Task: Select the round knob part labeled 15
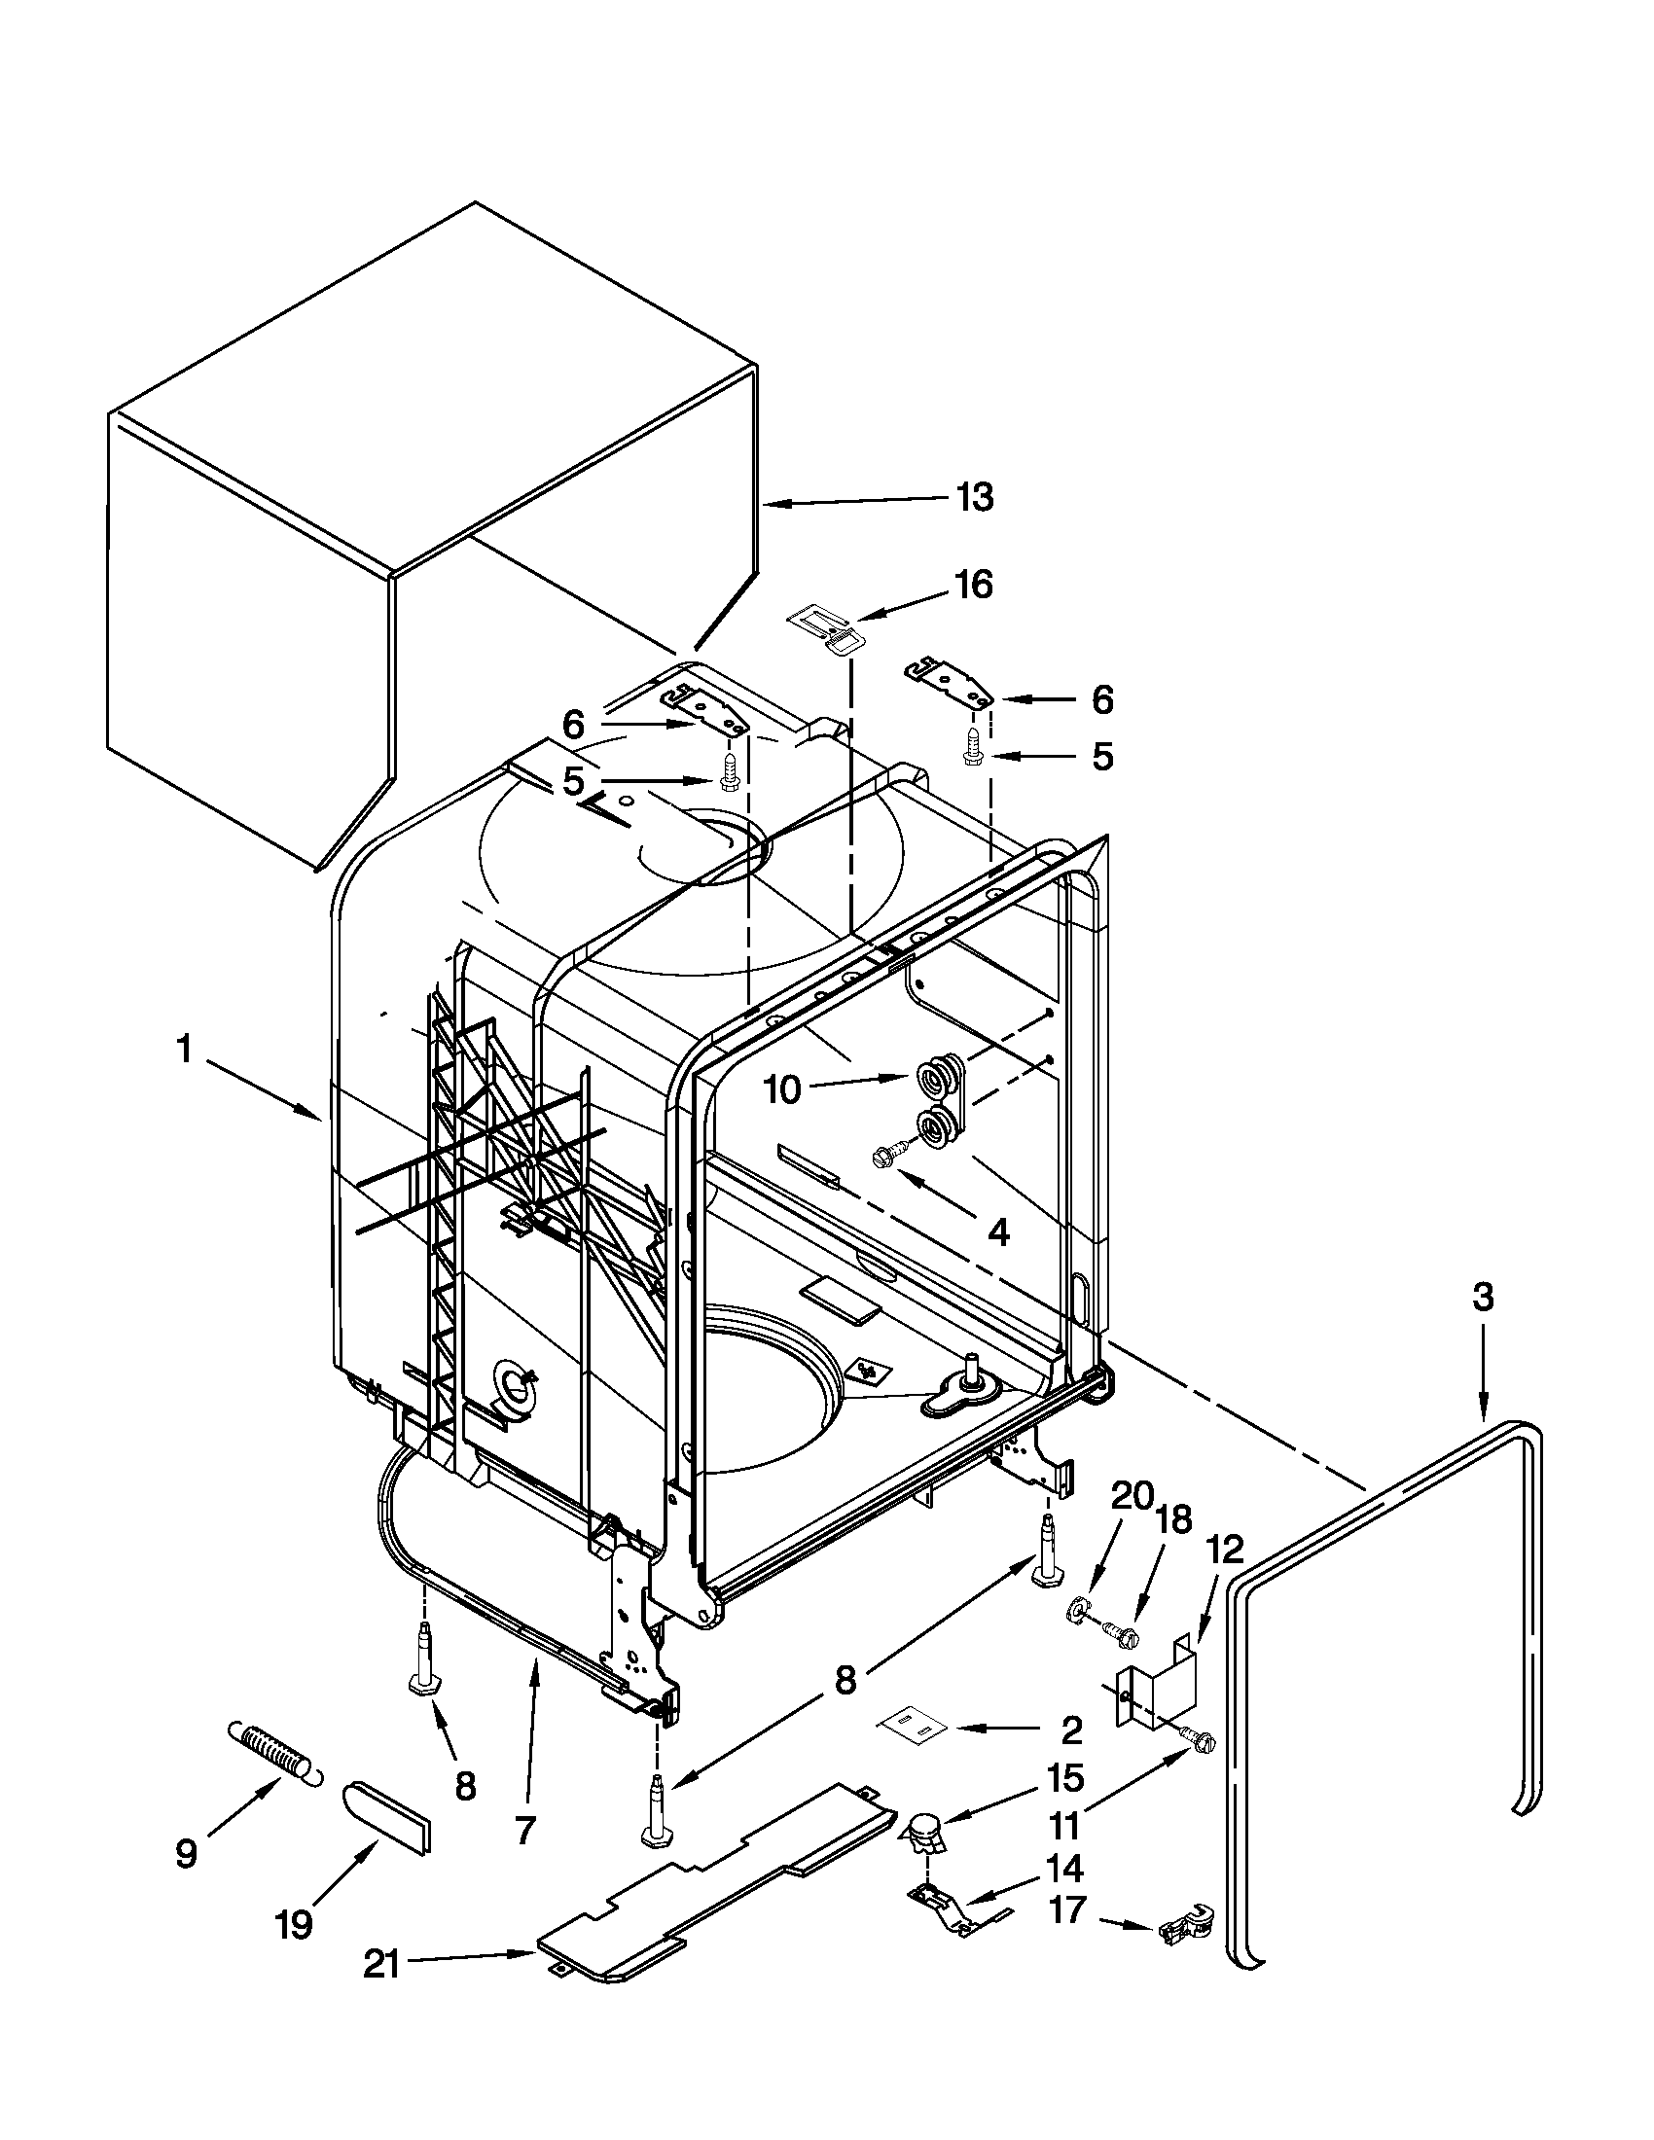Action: click(x=922, y=1828)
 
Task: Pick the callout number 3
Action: click(x=1483, y=1298)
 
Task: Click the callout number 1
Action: click(x=183, y=1051)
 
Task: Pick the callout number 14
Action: click(x=1064, y=1868)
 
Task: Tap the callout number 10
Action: click(x=782, y=1089)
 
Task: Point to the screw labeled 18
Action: click(x=1118, y=1631)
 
